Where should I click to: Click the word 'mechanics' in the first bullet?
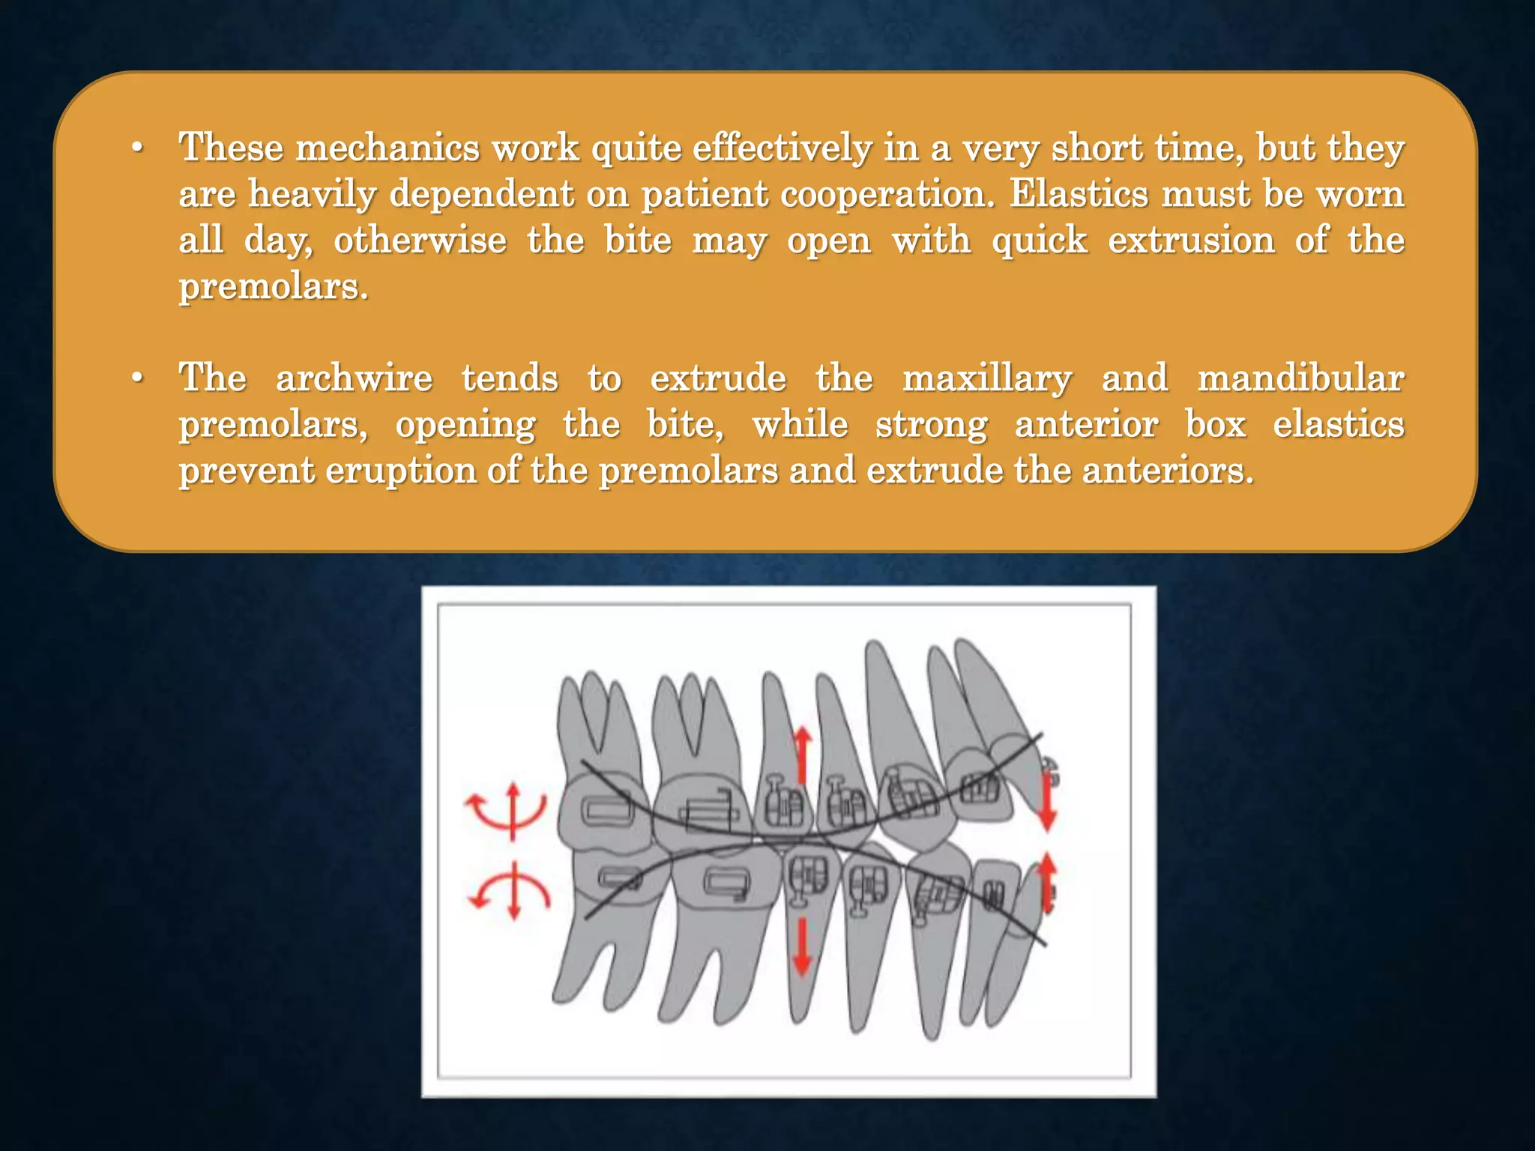[387, 148]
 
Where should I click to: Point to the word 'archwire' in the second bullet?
[354, 378]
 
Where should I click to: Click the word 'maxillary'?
[987, 378]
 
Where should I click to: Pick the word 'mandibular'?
[1300, 378]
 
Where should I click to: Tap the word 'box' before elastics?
[1215, 424]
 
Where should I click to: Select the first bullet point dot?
[136, 148]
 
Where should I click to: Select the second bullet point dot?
[136, 378]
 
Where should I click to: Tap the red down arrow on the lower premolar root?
[802, 947]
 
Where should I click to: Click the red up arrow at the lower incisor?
[1047, 884]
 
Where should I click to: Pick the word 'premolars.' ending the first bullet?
[274, 287]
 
